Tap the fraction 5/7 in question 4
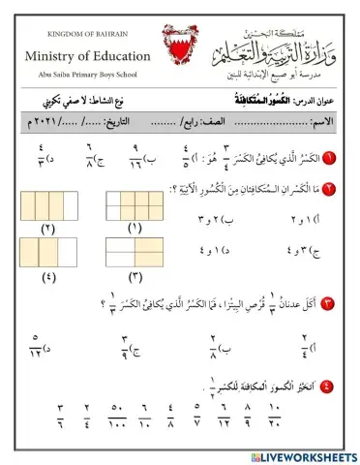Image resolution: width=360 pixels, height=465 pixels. pos(197,416)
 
